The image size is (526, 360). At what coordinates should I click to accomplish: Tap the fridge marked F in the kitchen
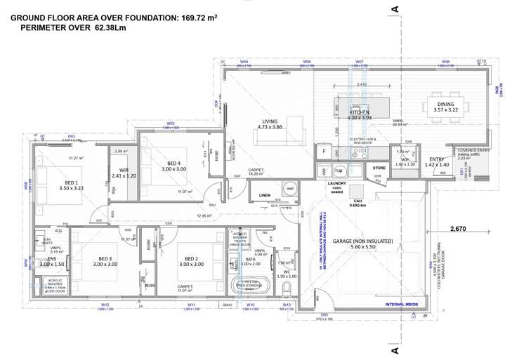[x=324, y=151]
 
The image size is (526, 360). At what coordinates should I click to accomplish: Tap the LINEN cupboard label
[x=264, y=195]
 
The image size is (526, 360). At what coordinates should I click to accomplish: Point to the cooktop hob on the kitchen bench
[x=363, y=151]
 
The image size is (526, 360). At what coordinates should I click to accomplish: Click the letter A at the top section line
[x=395, y=8]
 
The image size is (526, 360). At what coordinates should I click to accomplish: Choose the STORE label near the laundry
[x=379, y=168]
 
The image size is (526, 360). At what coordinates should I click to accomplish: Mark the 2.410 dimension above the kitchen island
[x=362, y=85]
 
